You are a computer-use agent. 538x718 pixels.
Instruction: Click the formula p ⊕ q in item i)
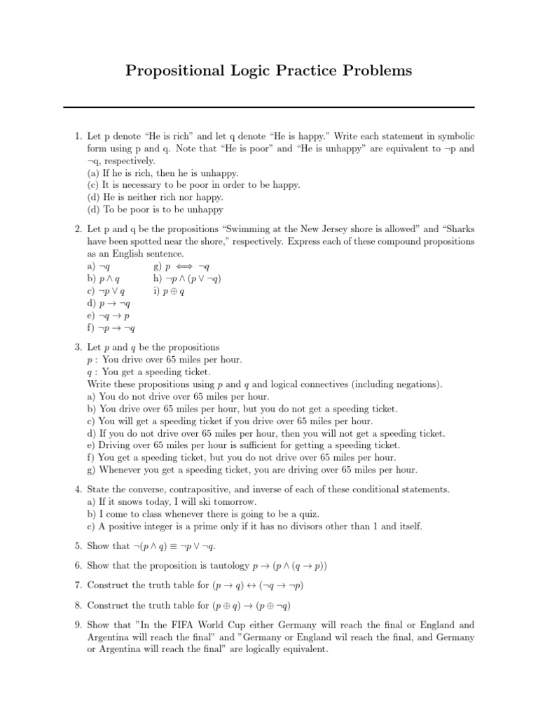click(x=174, y=291)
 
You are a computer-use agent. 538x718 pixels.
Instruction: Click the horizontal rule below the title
click(x=269, y=107)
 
